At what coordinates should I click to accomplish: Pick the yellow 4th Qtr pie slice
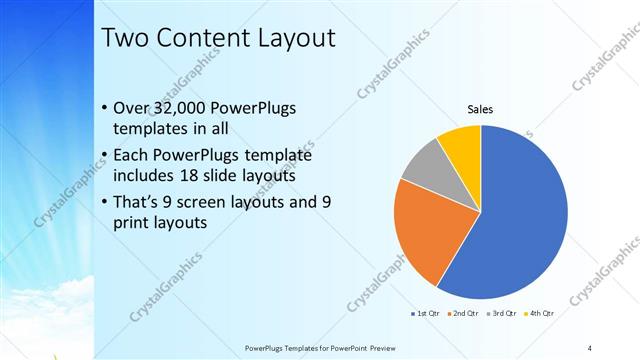(x=463, y=144)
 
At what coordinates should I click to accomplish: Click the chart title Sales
(x=481, y=109)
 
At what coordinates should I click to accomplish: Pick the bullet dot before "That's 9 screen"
(x=105, y=202)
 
